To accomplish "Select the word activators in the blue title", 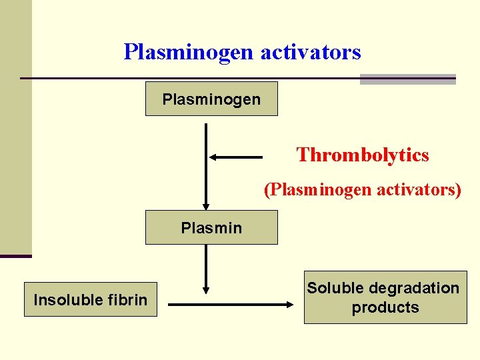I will point(311,52).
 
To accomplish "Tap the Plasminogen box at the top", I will point(211,99).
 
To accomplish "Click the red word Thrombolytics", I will point(363,155).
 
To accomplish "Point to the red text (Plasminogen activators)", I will point(363,190).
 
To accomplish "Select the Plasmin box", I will point(211,227).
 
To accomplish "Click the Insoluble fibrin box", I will point(91,299).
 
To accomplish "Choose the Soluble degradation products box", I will point(385,297).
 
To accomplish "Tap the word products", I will point(385,307).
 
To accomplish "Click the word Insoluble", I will point(65,300).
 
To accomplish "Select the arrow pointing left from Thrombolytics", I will point(237,157).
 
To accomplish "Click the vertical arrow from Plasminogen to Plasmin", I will point(206,167).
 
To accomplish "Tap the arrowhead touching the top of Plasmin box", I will point(206,206).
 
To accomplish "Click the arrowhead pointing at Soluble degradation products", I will point(290,305).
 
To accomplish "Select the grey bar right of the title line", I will point(407,79).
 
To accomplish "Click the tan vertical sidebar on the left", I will point(15,127).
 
